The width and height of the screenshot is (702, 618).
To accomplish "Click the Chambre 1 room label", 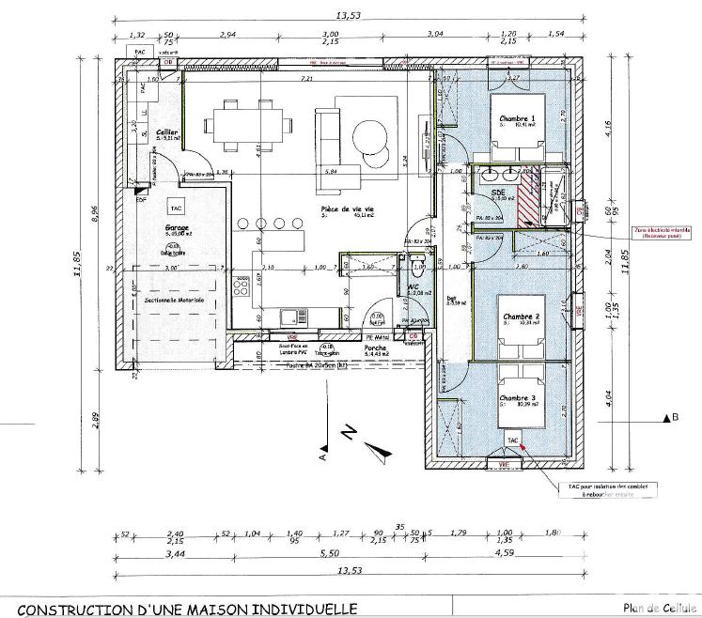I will (517, 117).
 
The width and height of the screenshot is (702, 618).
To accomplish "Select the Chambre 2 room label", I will (518, 317).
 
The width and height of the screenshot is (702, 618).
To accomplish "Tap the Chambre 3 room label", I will (517, 398).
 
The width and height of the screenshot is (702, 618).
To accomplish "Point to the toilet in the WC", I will (414, 260).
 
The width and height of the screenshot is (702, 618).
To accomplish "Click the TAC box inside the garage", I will (175, 206).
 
